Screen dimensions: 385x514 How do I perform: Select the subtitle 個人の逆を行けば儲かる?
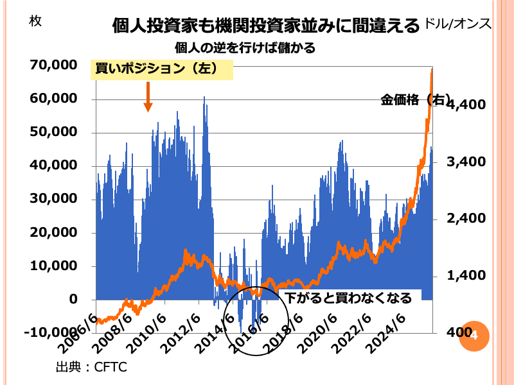coord(245,47)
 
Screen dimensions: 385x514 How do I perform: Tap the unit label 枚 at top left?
coord(35,21)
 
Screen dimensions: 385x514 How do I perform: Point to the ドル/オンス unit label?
coord(457,24)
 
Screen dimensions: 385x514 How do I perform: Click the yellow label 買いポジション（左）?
coord(161,69)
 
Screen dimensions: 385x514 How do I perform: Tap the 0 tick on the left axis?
coord(73,299)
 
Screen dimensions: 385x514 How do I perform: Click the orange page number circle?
coord(474,335)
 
